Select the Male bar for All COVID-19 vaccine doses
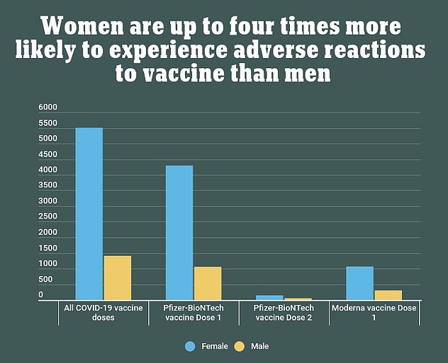[x=118, y=277]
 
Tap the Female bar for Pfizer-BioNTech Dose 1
[x=179, y=233]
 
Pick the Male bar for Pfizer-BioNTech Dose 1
[x=208, y=283]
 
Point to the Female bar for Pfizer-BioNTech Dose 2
[x=269, y=298]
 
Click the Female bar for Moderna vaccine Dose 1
[x=359, y=283]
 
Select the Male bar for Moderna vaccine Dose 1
[x=388, y=295]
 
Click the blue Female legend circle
[x=189, y=347]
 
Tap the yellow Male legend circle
[x=239, y=347]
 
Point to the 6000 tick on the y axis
[x=47, y=108]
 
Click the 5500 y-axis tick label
[x=47, y=123]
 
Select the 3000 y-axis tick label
[x=47, y=201]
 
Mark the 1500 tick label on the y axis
[x=47, y=248]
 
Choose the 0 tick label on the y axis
[x=41, y=294]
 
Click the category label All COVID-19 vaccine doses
[x=103, y=313]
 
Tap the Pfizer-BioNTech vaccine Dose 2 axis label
[x=284, y=313]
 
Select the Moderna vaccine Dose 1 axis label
[x=374, y=313]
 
